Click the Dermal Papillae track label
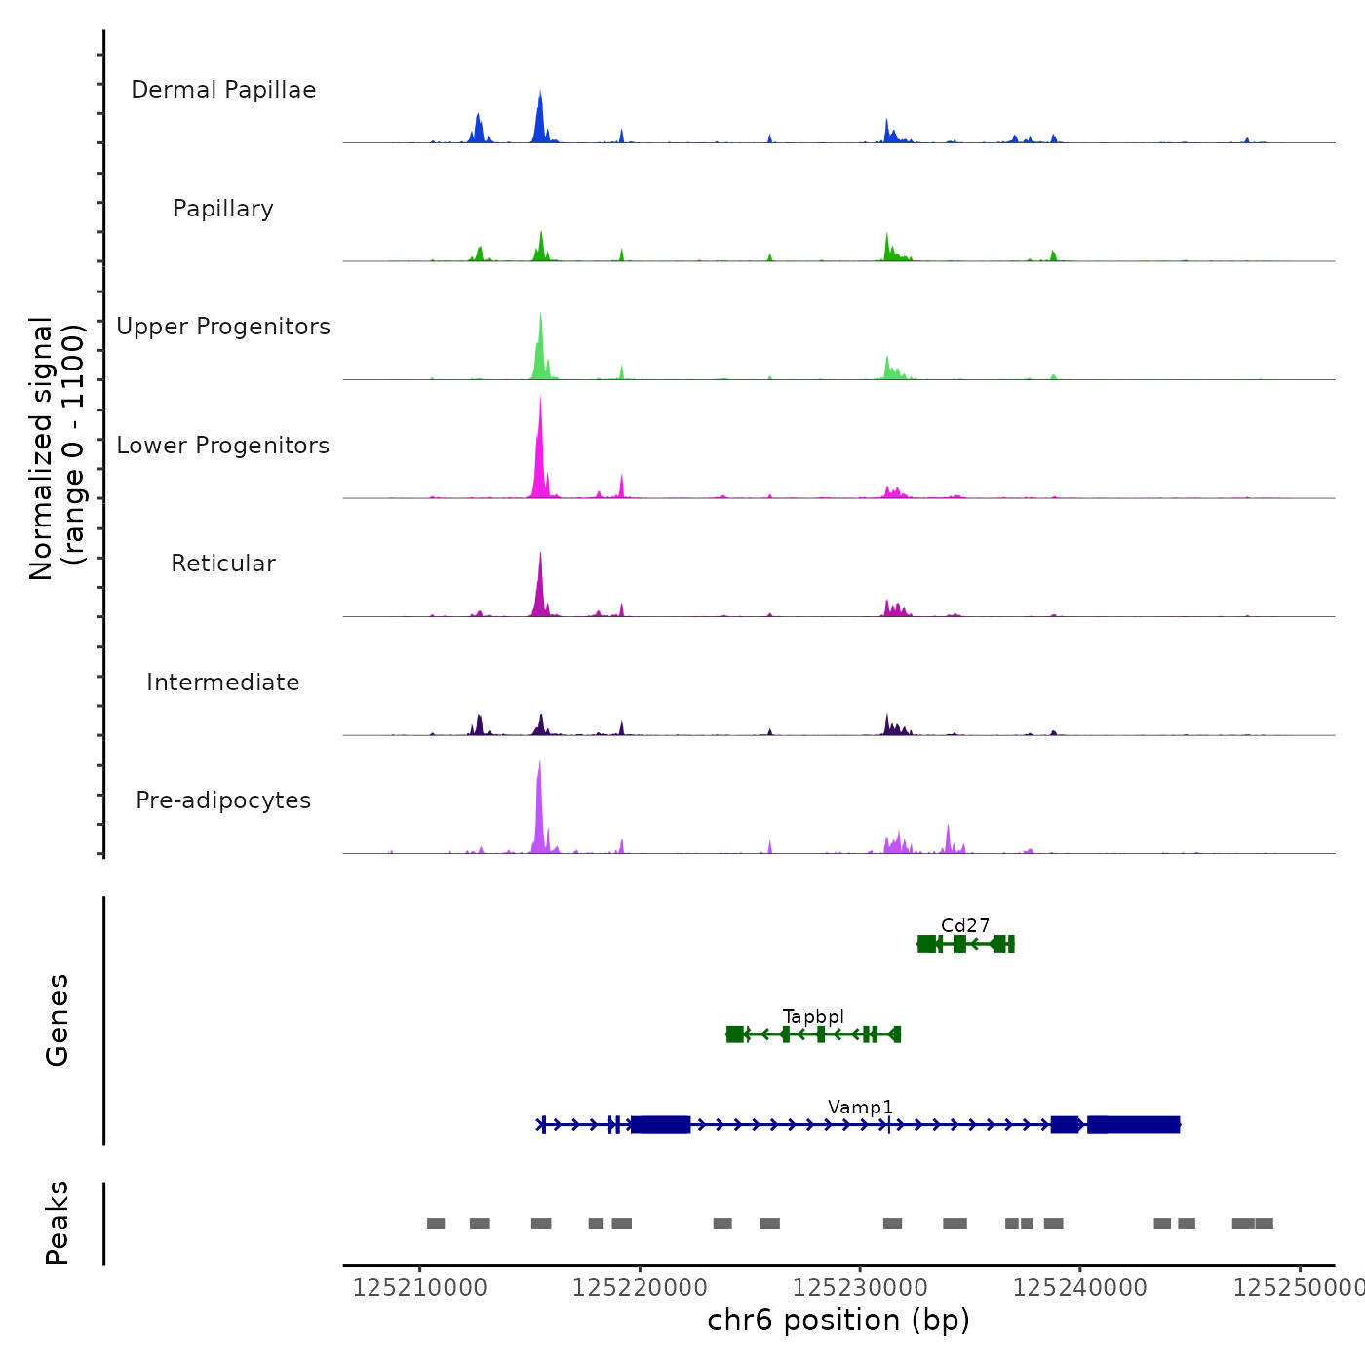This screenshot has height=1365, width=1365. (x=223, y=90)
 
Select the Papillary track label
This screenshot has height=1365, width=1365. (x=223, y=209)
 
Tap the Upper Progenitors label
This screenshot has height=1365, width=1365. (x=223, y=327)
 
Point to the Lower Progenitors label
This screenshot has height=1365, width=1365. (x=223, y=446)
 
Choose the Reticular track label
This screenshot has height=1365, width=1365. (x=223, y=564)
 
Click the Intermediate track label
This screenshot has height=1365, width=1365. (x=223, y=682)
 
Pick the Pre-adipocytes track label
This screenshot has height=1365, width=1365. (x=223, y=800)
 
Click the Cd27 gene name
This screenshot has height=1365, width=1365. (x=965, y=925)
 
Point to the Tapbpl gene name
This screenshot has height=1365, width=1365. (x=813, y=1017)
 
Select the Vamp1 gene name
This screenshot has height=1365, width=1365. (x=860, y=1107)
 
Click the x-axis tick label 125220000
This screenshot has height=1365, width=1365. (x=640, y=1288)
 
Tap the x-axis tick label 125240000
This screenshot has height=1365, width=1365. (x=1079, y=1288)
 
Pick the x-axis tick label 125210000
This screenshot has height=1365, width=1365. (x=419, y=1288)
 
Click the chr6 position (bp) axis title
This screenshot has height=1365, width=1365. (x=838, y=1320)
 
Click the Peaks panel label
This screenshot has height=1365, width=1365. (x=58, y=1223)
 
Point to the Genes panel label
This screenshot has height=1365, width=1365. (x=58, y=1020)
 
